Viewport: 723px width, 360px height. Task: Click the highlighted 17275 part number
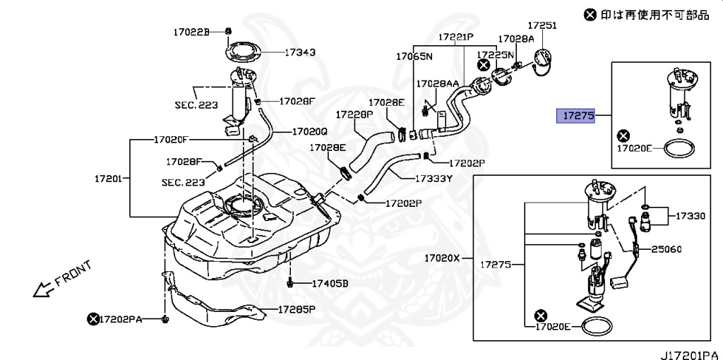[577, 116]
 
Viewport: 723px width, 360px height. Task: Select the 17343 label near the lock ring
[300, 52]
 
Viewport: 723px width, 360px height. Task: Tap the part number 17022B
[192, 32]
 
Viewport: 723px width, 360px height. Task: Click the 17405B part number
[330, 284]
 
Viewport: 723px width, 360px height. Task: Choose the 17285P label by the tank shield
[296, 309]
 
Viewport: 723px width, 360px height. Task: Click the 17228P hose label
[354, 114]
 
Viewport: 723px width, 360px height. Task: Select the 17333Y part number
[433, 178]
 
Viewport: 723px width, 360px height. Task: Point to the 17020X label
[442, 258]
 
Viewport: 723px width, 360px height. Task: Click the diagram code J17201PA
[690, 351]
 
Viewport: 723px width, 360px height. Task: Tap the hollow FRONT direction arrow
[43, 288]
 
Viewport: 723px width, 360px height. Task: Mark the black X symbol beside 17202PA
[92, 319]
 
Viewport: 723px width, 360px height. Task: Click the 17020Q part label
[310, 131]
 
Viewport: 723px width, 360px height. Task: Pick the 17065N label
[414, 56]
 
